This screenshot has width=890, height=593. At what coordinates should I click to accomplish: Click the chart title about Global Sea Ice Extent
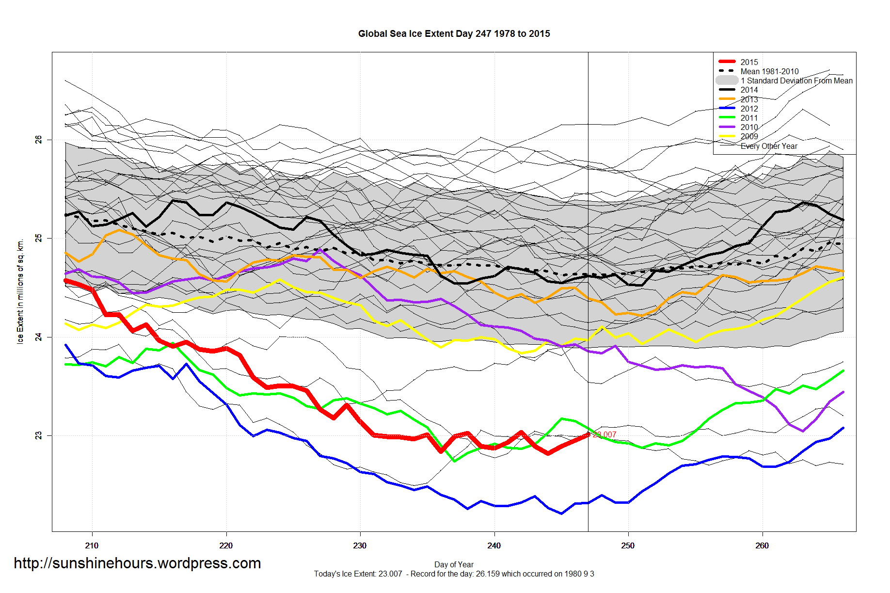454,34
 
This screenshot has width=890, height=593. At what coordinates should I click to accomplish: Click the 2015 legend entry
749,62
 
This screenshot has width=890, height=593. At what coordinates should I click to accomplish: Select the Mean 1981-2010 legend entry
769,71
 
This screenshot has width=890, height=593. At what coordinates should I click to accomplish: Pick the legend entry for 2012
749,109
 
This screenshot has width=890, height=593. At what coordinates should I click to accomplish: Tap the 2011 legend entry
749,118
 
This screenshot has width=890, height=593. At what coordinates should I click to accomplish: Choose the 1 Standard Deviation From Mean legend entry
796,80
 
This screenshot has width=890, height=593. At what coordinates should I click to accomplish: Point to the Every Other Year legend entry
769,146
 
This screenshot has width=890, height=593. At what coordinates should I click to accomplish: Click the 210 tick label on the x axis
92,545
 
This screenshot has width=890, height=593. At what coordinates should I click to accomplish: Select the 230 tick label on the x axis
360,545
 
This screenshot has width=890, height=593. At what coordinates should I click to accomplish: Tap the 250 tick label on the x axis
628,545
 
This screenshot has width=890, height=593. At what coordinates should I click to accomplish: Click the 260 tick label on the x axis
762,545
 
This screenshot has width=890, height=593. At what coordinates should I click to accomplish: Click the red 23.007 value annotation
605,435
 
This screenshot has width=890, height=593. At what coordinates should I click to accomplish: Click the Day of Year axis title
454,564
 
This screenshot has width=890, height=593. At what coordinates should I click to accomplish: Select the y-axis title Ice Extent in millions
20,291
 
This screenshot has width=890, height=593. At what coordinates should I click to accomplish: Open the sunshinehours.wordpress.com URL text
137,563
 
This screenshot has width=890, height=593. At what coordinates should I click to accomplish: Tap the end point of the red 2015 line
588,434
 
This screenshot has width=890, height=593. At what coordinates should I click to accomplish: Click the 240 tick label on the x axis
494,545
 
